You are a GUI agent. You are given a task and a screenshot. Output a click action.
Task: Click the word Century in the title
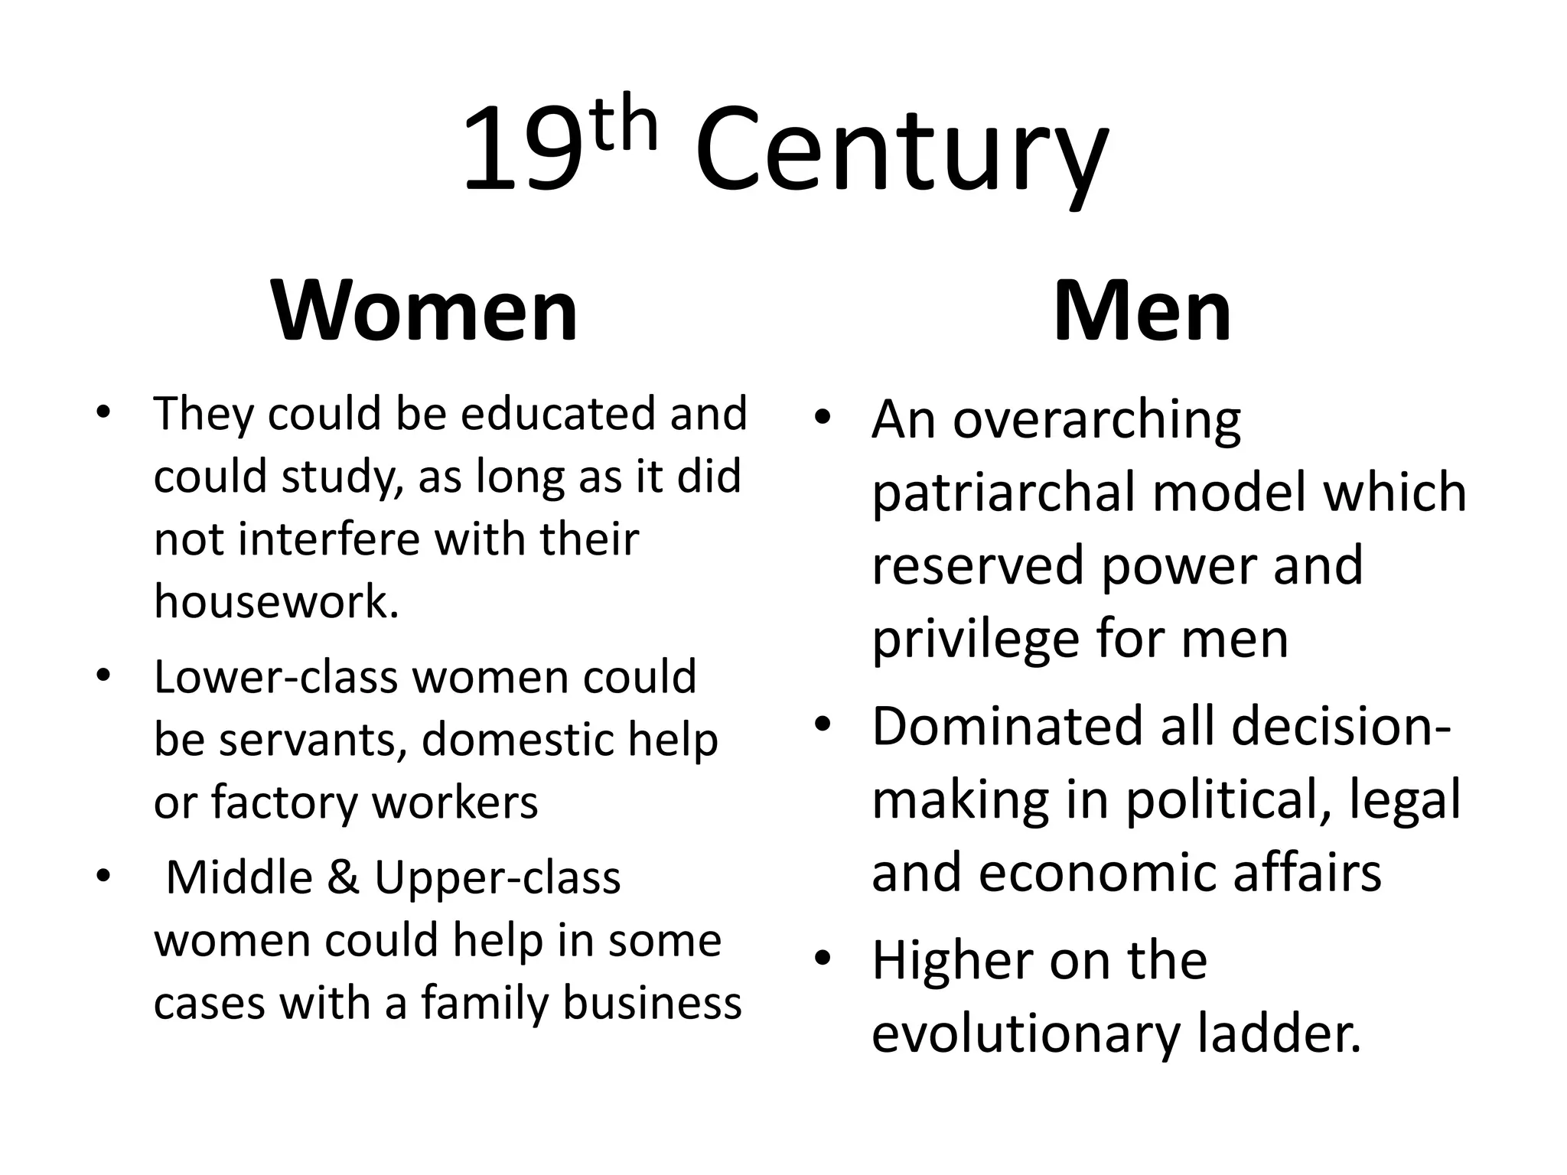pos(901,153)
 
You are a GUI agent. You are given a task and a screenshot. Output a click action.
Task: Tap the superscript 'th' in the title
pos(624,127)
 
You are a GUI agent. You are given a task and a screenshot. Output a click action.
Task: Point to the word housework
pos(276,601)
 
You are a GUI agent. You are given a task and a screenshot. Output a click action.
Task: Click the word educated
pos(559,414)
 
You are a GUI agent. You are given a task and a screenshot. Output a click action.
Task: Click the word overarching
pos(1096,421)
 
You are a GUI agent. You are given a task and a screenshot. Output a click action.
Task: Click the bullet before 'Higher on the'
pos(822,959)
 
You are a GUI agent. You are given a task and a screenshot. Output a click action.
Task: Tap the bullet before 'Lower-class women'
pos(104,675)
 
